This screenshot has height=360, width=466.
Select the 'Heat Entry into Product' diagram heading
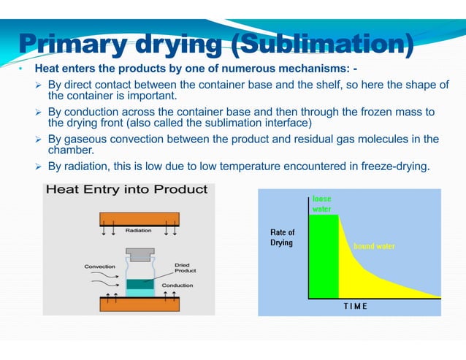click(x=127, y=190)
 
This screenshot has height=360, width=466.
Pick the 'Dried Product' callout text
click(x=182, y=268)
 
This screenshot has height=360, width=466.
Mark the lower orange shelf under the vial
click(x=139, y=305)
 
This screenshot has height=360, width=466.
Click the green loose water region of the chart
click(x=324, y=256)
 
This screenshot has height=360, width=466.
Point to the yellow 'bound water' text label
click(x=374, y=246)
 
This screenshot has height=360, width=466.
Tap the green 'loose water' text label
click(x=322, y=203)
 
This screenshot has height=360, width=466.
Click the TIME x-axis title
click(x=356, y=306)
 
